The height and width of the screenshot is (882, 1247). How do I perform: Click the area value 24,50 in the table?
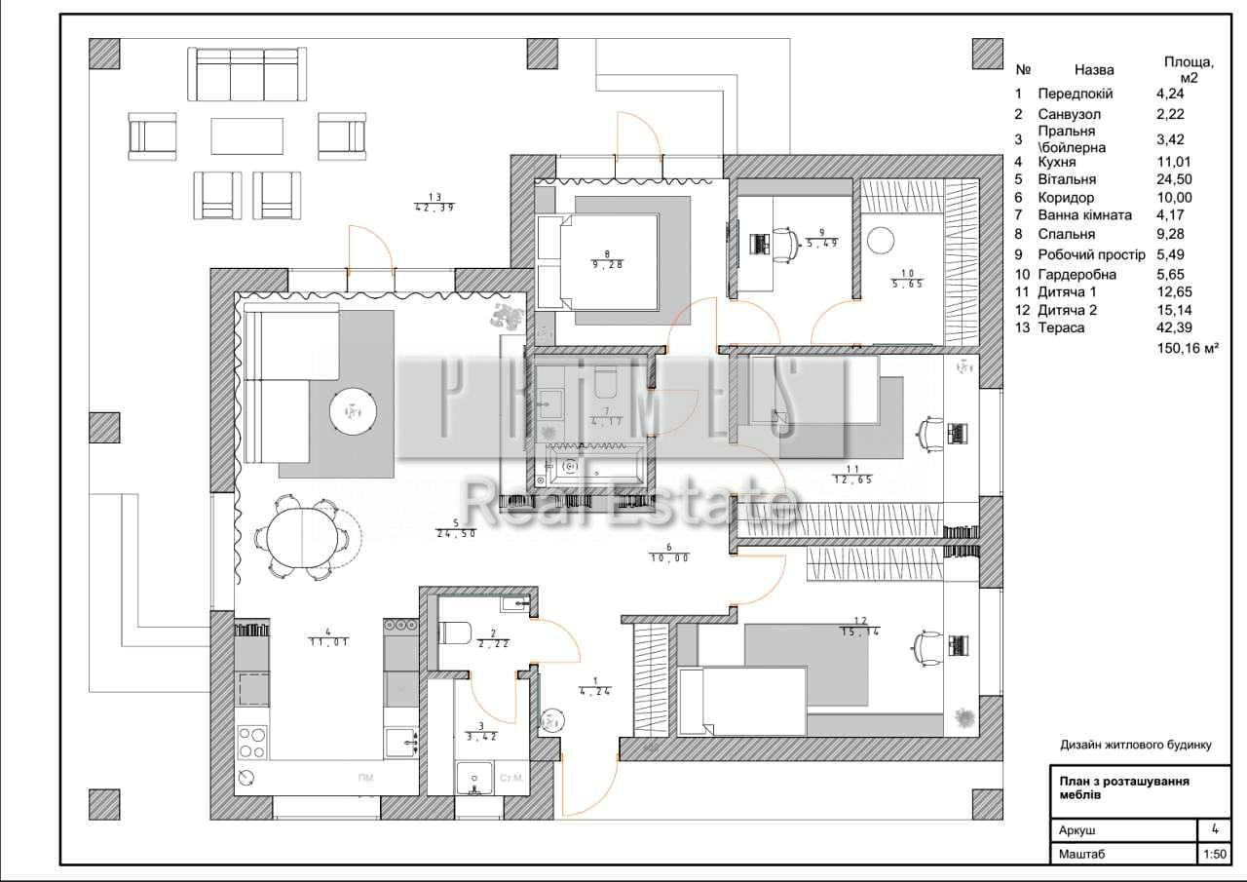[1173, 179]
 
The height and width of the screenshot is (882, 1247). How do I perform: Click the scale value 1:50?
[1213, 855]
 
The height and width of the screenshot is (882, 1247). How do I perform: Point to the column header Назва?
[1094, 70]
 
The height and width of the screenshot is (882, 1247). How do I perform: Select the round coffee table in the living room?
[353, 410]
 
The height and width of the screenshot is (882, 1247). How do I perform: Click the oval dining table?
[302, 537]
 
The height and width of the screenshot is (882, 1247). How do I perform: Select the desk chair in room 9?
[784, 244]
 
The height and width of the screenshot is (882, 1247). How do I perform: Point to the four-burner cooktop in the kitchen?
[251, 743]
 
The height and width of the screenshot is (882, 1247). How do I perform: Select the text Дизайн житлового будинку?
[1135, 745]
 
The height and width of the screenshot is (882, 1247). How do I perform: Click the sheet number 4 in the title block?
[1214, 829]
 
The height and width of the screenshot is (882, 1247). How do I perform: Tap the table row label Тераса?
[1061, 328]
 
